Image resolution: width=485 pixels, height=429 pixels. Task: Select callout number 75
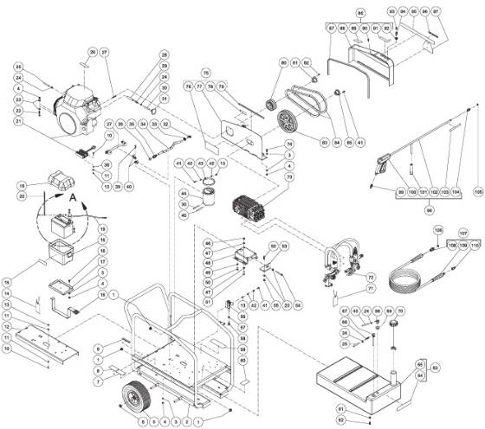click(206, 73)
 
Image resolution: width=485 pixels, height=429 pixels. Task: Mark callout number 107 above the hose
click(463, 233)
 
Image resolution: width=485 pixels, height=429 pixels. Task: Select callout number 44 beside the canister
click(184, 193)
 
